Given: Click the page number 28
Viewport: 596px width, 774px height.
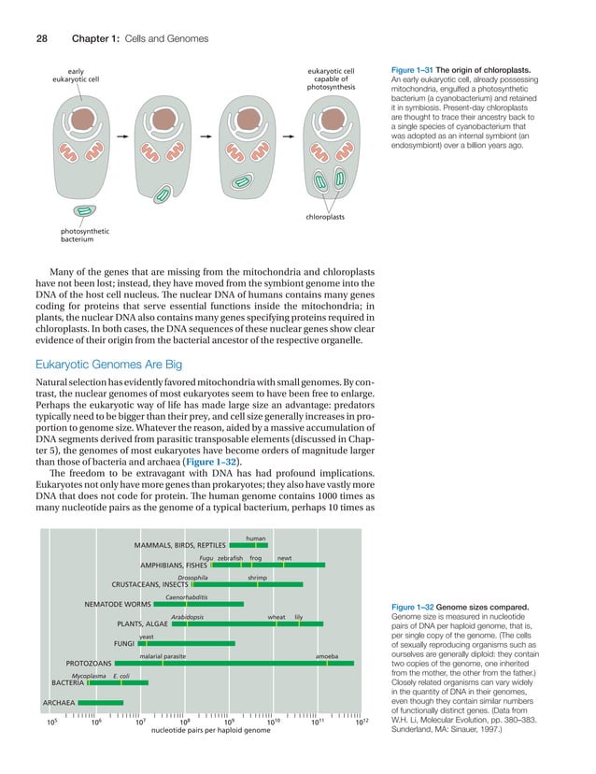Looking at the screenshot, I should (42, 37).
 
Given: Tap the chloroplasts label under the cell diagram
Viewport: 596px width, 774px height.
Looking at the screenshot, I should (325, 217).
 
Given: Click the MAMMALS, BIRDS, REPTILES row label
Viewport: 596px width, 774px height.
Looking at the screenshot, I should (179, 544).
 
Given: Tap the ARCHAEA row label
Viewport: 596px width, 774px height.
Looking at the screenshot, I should (59, 702).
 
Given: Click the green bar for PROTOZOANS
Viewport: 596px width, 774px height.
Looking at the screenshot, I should (234, 664).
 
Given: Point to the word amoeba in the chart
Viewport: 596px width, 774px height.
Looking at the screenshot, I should (327, 656).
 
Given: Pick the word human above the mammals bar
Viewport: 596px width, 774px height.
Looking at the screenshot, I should (256, 537).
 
